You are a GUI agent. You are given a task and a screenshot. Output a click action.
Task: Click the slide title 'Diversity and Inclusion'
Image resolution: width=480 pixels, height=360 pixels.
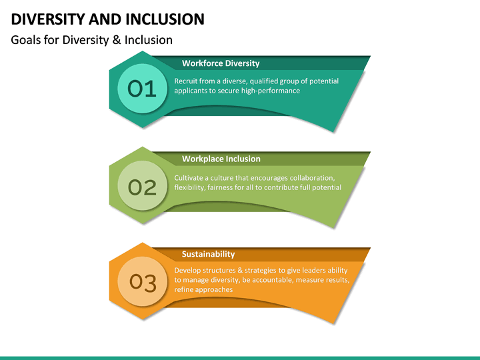click(x=107, y=19)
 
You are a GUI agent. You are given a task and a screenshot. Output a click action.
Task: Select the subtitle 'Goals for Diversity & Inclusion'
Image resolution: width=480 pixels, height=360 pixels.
click(x=92, y=40)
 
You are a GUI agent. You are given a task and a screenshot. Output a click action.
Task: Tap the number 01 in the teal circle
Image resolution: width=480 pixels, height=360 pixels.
click(x=141, y=89)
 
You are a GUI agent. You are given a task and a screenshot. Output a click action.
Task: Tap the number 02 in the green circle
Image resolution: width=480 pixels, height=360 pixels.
click(x=141, y=187)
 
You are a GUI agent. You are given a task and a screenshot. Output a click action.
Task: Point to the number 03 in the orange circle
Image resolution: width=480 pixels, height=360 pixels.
click(x=142, y=283)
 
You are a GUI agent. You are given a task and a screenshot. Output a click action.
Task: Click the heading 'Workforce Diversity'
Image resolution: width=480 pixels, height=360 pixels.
click(x=221, y=64)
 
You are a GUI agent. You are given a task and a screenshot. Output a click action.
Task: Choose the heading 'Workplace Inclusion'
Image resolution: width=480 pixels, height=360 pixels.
click(x=221, y=159)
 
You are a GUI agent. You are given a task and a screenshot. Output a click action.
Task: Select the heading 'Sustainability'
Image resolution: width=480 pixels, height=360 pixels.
click(x=208, y=254)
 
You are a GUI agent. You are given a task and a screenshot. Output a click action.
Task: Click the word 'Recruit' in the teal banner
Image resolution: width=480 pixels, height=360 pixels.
click(x=186, y=81)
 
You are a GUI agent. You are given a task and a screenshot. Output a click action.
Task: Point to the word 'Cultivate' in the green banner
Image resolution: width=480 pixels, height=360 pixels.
click(x=190, y=178)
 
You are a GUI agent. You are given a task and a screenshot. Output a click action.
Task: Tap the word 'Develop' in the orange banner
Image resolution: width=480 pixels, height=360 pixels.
click(x=189, y=270)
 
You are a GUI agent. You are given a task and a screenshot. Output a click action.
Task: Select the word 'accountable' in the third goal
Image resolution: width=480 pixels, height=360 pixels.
click(x=271, y=280)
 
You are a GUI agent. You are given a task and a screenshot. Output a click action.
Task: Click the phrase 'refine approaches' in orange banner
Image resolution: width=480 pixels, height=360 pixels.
click(x=203, y=289)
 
